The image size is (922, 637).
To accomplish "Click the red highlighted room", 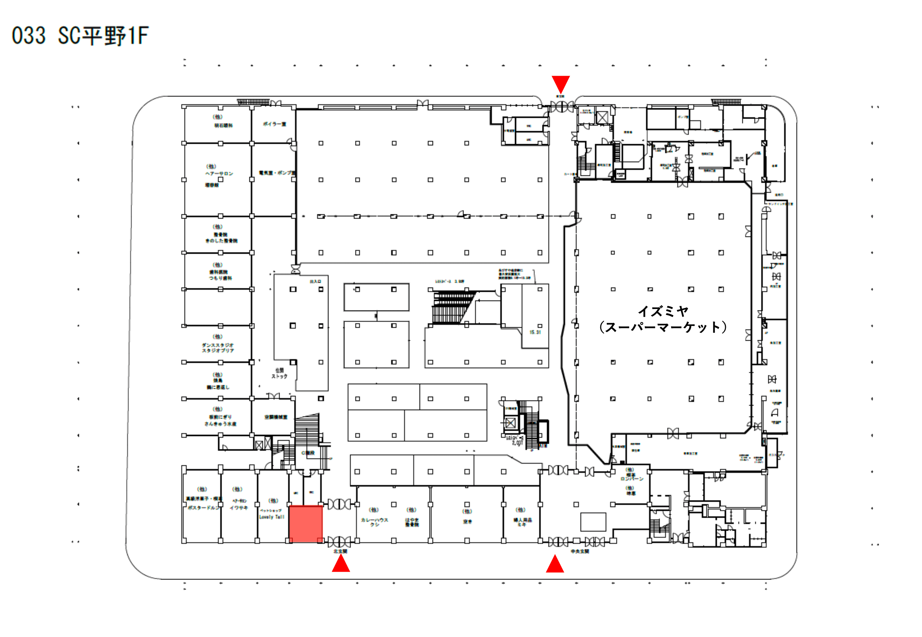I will (305, 523).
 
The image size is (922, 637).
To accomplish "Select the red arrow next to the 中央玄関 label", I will (554, 564).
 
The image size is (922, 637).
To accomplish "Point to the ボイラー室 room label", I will (274, 124).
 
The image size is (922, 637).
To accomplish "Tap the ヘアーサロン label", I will (219, 174).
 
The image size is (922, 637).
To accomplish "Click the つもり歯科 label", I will (220, 278).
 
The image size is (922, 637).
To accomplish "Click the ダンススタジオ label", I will (218, 345).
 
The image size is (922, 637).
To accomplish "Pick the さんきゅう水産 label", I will (220, 424).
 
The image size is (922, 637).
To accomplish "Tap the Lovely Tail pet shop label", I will (272, 517).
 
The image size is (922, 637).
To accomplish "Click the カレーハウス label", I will (374, 520).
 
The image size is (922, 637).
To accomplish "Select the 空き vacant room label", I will (467, 522).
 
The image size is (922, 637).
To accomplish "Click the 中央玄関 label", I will (580, 552).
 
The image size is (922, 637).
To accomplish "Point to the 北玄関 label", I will (340, 552).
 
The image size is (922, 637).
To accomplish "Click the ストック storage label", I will (279, 376).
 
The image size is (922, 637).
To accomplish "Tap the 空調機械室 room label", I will (275, 417).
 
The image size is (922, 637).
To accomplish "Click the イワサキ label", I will (239, 508).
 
